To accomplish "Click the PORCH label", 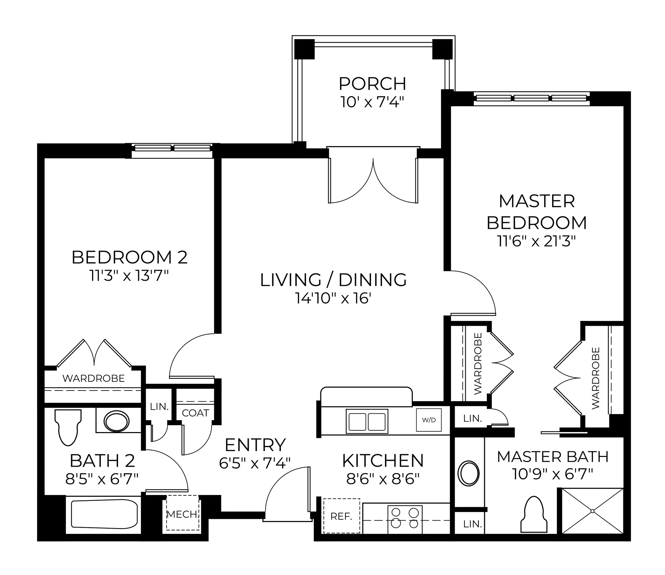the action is click(372, 84).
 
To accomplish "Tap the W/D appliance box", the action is click(429, 420).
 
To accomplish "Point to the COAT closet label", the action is click(195, 413).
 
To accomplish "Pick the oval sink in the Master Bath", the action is click(469, 473).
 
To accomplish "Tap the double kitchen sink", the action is click(367, 421).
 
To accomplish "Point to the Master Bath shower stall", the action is click(592, 511).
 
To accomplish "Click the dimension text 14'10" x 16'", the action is click(333, 298).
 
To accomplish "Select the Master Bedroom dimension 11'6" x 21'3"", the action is click(537, 241).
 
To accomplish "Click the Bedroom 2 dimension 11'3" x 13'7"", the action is click(130, 276).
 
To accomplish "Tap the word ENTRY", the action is click(255, 445).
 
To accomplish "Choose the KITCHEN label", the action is click(383, 461).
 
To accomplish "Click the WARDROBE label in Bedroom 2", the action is click(94, 378).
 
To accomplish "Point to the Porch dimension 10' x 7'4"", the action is click(372, 102).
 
